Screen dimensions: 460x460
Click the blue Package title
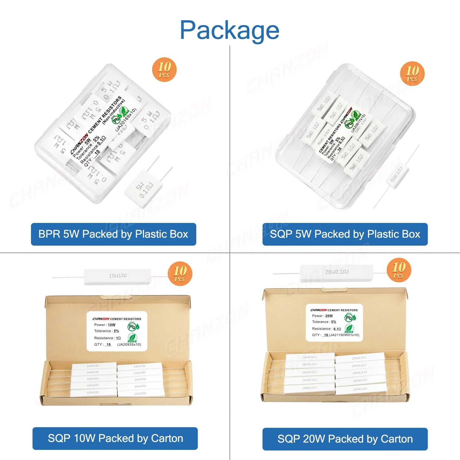229,30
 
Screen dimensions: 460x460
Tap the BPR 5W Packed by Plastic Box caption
113,234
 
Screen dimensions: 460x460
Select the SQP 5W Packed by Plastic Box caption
345,234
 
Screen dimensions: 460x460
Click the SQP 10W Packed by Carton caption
115,439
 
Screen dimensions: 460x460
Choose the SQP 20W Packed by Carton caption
345,439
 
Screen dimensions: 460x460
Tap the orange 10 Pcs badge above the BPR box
164,70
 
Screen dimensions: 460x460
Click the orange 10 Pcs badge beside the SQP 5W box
412,74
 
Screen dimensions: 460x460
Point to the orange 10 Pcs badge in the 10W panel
180,274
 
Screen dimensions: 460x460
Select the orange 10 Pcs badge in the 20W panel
399,270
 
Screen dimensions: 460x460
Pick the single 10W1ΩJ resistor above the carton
117,276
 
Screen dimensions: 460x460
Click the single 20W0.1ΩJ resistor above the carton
337,272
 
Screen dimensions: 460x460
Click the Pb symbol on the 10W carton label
132,327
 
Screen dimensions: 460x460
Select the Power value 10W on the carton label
112,325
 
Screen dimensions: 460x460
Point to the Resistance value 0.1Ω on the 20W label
337,329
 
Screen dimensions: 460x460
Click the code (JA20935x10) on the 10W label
129,344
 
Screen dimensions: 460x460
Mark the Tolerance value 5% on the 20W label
334,322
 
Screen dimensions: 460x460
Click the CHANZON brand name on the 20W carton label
319,310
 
